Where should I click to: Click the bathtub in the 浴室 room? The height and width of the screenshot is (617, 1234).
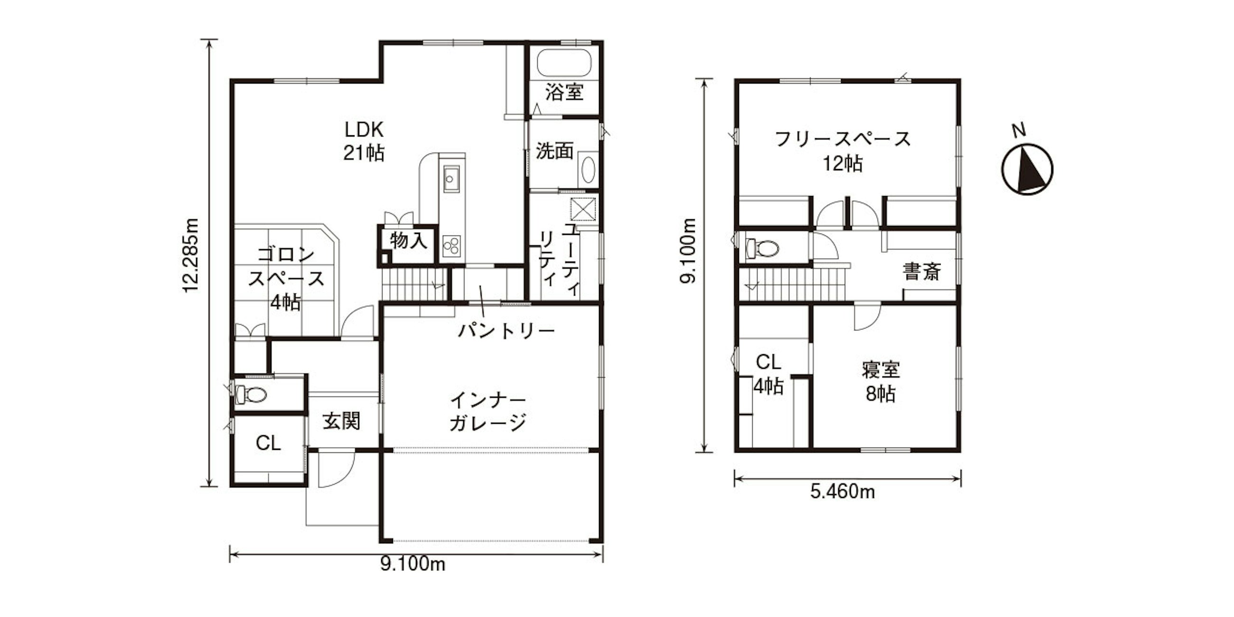pos(564,63)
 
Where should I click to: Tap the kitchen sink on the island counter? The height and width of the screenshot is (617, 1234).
pos(451,178)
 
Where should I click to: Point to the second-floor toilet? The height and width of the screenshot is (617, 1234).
pos(762,248)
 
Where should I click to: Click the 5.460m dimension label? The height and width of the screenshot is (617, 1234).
pos(842,493)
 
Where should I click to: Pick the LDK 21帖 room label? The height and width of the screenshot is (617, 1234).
pos(364,141)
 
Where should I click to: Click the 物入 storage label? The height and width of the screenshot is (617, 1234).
pos(408,241)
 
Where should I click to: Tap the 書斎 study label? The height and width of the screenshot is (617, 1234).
pos(922,271)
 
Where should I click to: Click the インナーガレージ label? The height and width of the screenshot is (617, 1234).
pos(488,411)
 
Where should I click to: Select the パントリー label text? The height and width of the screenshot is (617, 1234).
pos(506,331)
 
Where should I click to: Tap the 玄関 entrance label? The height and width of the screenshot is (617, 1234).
pos(341,421)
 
